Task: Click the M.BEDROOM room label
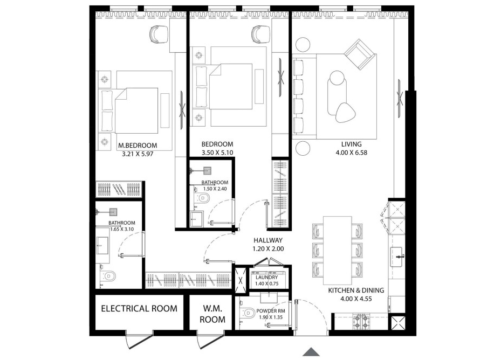[138, 145]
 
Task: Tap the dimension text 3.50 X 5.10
[217, 153]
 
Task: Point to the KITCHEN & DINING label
[356, 290]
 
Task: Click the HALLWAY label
[267, 240]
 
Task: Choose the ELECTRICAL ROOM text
[139, 309]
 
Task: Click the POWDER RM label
[271, 311]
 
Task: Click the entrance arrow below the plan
[310, 351]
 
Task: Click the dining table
[337, 251]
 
